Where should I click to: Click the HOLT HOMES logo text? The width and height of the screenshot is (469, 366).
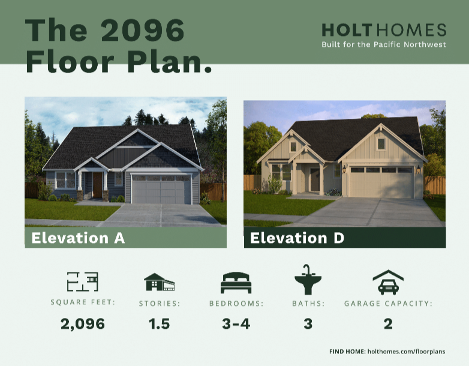pos(384,30)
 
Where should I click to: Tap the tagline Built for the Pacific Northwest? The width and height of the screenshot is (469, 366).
pos(384,44)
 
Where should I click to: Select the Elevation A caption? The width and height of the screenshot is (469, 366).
pos(78,238)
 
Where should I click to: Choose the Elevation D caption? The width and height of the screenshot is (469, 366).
pos(297,238)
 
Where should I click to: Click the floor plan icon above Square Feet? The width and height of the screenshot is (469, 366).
pos(83,281)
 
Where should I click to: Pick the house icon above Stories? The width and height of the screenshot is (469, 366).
pos(159,282)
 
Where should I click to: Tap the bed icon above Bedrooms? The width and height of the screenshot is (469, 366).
pos(236,283)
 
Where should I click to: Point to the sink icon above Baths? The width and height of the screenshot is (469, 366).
pos(308,280)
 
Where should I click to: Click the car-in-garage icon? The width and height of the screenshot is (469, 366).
pos(388,282)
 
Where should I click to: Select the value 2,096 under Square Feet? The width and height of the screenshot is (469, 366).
pos(83,324)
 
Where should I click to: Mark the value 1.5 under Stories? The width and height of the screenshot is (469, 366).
pos(159,324)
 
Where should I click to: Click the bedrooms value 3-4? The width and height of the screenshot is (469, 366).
pos(236,324)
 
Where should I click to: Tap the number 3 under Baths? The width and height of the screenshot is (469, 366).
pos(308,324)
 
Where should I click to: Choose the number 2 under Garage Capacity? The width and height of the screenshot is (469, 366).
pos(388,324)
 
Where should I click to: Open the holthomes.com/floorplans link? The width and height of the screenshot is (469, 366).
pos(406,352)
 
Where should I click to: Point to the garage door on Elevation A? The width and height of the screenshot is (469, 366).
pos(161,190)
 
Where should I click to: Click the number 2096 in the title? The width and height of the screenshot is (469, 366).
pos(143,30)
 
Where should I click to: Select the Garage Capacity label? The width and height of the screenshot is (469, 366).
pos(388,304)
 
